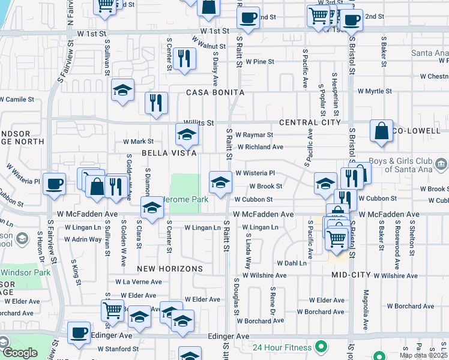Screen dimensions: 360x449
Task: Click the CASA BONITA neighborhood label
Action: coord(215,93)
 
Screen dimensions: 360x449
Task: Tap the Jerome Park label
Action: coord(187,199)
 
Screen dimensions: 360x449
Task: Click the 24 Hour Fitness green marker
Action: coord(322,347)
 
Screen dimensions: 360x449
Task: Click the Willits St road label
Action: coord(199,122)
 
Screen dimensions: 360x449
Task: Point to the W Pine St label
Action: coord(255,62)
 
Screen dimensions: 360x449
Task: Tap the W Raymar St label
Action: coord(254,135)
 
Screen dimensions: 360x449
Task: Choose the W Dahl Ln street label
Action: coord(292,263)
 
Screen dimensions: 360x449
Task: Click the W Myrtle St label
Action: coord(375,91)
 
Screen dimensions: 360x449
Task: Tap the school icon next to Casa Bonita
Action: coord(123,90)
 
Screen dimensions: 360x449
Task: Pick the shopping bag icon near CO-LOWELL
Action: coord(381,130)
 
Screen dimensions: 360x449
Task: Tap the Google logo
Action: coord(20,353)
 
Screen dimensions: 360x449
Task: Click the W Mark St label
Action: coord(139,142)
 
